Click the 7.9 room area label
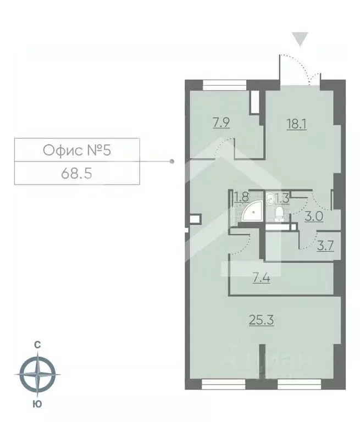click(x=221, y=124)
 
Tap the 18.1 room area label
click(x=296, y=125)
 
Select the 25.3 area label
click(x=262, y=320)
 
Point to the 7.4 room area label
click(x=262, y=278)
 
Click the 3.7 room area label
click(x=325, y=246)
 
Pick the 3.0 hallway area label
click(x=314, y=216)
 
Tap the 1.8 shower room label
click(x=241, y=197)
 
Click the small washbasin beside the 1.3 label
click(x=269, y=198)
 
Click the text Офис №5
click(x=77, y=150)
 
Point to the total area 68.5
click(x=77, y=174)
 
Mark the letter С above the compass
click(x=37, y=345)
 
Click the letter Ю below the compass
click(x=37, y=404)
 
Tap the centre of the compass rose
click(x=37, y=374)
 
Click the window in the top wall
click(x=224, y=85)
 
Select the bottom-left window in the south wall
click(x=223, y=384)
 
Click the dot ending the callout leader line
click(x=173, y=162)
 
